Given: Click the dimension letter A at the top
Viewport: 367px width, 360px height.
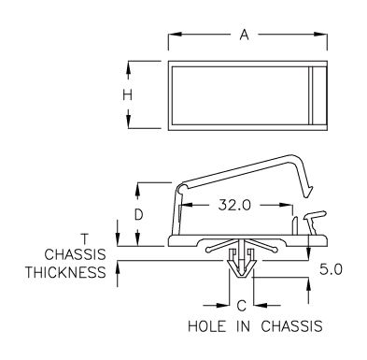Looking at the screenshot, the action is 245,35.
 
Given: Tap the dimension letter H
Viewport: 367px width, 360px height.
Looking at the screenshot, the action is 127,94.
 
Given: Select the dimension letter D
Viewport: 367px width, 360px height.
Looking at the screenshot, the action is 138,215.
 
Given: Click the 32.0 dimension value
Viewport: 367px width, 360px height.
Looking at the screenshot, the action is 234,205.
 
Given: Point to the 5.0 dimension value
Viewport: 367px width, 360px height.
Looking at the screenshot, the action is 331,269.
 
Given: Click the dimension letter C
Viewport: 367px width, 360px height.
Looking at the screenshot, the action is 242,306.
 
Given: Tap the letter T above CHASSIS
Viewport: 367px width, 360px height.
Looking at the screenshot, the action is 84,238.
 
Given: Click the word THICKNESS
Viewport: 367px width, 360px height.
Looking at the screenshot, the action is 65,272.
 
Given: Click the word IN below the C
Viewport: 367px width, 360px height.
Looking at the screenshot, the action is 243,326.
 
